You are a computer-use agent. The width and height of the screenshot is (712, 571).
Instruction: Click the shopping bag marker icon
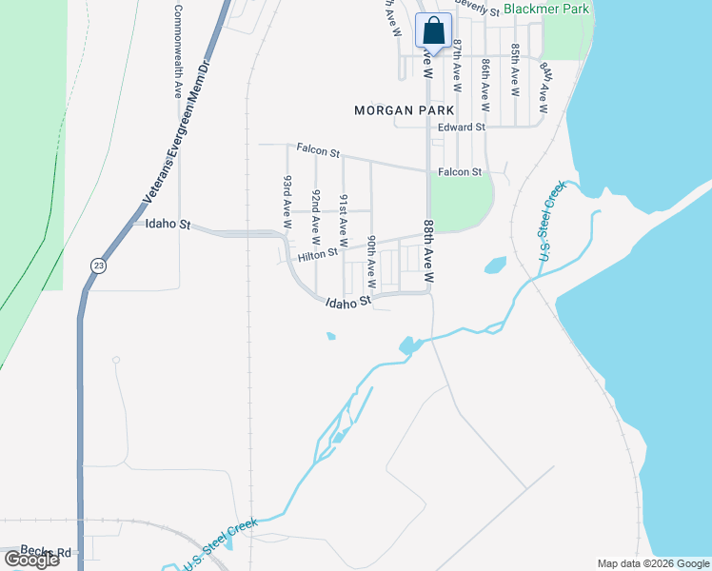433,30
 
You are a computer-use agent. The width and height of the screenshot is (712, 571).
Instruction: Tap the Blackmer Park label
546,10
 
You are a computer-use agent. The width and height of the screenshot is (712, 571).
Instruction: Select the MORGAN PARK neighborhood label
397,110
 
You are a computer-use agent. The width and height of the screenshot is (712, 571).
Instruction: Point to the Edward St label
462,127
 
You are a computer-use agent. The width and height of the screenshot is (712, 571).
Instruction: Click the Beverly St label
478,9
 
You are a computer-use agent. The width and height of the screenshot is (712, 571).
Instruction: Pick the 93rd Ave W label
287,202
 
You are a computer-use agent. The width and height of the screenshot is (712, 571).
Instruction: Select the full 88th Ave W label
427,253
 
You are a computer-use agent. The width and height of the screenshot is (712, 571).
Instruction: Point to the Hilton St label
318,255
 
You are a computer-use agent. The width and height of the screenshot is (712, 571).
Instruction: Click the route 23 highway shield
98,266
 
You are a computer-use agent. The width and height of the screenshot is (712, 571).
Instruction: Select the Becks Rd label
46,551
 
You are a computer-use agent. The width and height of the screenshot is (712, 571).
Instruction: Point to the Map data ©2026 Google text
653,563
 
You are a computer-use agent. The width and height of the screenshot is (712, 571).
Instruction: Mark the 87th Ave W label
458,66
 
